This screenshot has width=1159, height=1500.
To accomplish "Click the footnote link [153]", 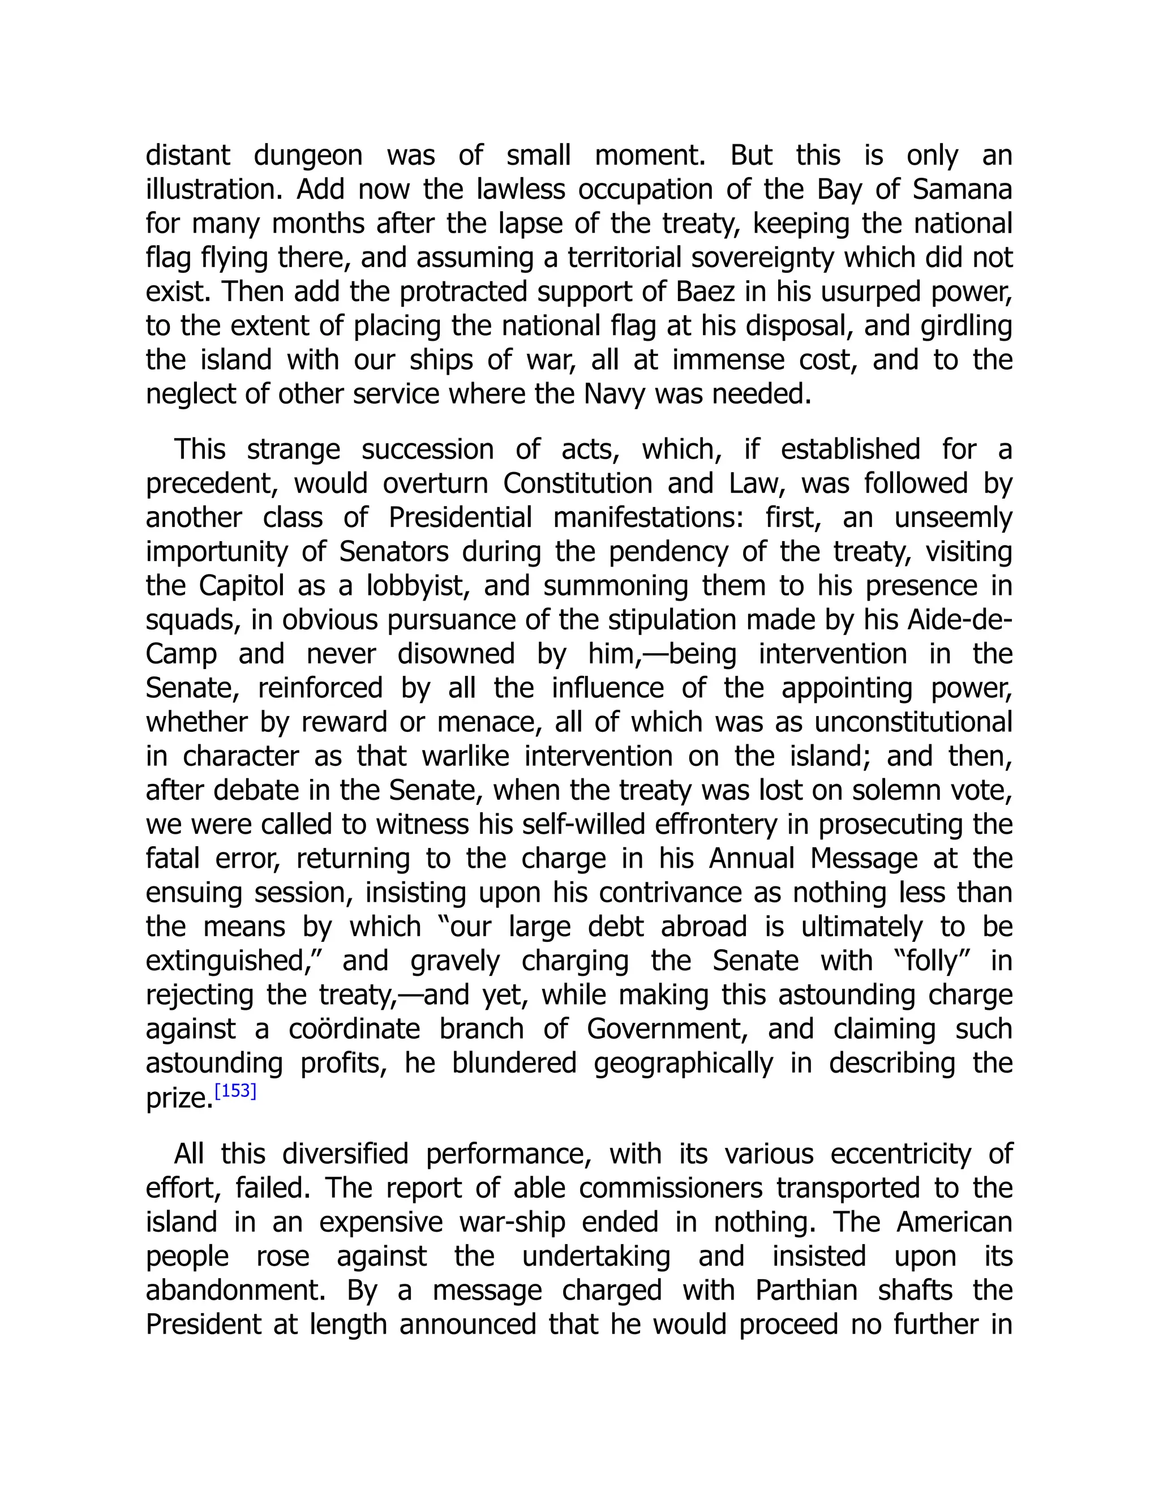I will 235,1090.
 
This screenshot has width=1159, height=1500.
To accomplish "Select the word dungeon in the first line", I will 308,155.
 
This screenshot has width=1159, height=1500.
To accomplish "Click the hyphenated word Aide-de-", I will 960,620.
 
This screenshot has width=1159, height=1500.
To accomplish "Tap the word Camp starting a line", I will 181,654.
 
